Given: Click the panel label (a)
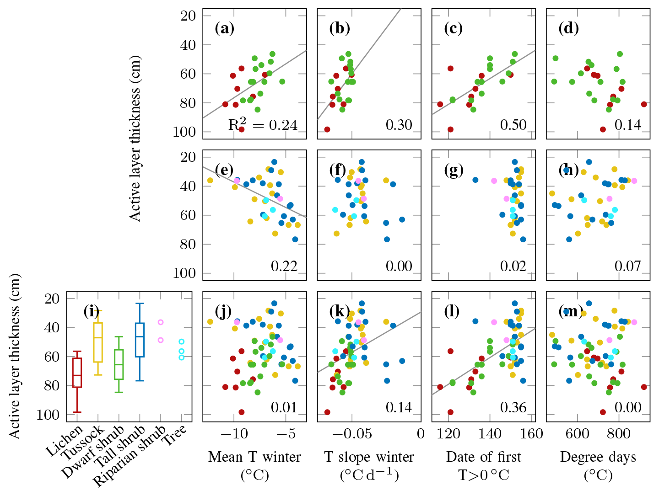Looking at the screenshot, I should (x=224, y=29).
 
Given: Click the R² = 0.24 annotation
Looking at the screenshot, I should (x=263, y=124).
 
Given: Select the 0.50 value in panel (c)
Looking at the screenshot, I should (x=513, y=125).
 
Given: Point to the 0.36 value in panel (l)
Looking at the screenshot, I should (x=513, y=407).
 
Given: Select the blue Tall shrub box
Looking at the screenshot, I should (x=140, y=340).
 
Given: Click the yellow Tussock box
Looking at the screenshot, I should (x=98, y=342).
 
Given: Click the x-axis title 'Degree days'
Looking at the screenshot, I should (x=598, y=457).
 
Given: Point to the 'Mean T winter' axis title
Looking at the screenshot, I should (x=254, y=457).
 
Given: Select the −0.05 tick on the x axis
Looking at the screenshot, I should (x=351, y=433).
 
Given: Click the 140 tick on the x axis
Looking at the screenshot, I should (x=490, y=433).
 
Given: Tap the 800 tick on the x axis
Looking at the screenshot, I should (x=618, y=433).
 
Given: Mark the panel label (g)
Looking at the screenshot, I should (x=454, y=170).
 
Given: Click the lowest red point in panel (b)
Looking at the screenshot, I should (x=327, y=129).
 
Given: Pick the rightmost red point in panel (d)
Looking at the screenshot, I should (x=644, y=104).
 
